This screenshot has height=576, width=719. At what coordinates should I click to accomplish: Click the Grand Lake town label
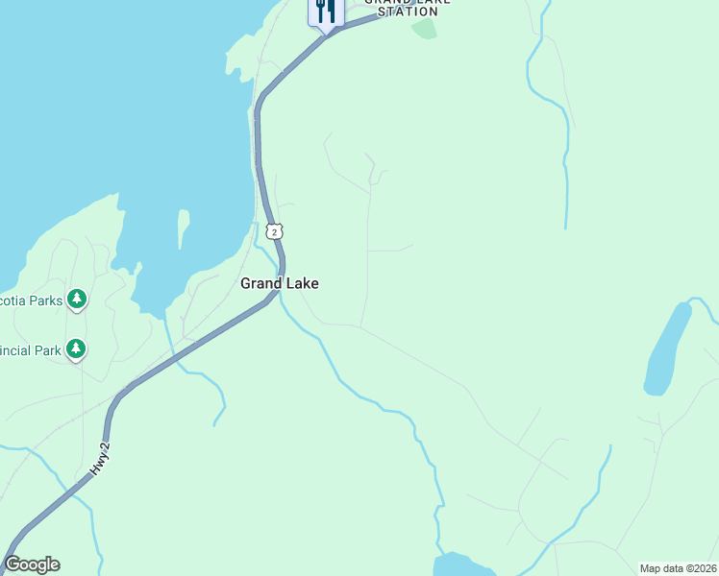tap(279, 283)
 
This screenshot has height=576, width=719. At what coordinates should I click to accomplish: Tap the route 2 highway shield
tap(275, 231)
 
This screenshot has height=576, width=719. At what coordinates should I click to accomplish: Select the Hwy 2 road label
tap(100, 463)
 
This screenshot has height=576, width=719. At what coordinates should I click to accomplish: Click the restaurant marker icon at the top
tap(326, 12)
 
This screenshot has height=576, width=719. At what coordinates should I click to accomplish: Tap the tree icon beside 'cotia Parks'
tap(77, 300)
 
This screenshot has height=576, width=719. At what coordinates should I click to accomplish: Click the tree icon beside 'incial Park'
tap(76, 349)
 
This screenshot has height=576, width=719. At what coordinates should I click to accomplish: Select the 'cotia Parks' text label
tap(31, 300)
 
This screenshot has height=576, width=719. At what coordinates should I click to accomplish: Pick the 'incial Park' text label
tap(31, 350)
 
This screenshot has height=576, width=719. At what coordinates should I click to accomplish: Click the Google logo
tap(32, 564)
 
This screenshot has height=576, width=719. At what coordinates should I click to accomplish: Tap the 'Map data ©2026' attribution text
tap(678, 568)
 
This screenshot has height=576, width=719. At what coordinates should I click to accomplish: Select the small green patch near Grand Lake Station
tap(424, 28)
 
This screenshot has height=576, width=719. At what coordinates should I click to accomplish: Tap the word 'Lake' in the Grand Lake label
tap(302, 283)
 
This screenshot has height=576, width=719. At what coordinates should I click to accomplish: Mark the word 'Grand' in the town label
tap(260, 283)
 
